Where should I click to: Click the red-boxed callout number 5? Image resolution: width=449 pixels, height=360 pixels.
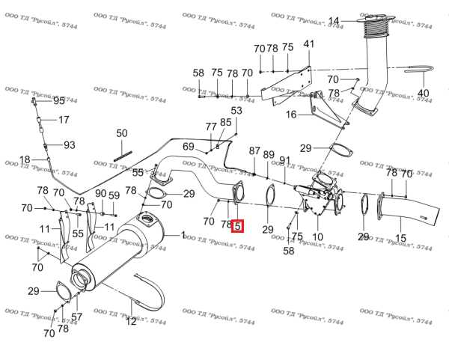click(x=237, y=226)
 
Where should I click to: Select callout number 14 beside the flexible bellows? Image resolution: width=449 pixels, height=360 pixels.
click(x=334, y=21)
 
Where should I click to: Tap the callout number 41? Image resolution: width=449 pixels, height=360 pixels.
click(x=308, y=44)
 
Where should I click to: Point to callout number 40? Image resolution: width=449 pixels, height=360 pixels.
click(x=424, y=93)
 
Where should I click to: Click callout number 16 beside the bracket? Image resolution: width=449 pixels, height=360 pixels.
click(x=291, y=115)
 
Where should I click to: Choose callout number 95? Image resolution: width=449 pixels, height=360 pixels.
click(x=59, y=101)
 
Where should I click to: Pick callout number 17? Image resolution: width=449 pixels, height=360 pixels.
click(x=64, y=120)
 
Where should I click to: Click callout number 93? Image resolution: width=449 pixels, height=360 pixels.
click(x=70, y=145)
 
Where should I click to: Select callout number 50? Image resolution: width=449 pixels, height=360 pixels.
click(x=122, y=133)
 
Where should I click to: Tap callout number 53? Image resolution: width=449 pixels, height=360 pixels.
click(x=236, y=110)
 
